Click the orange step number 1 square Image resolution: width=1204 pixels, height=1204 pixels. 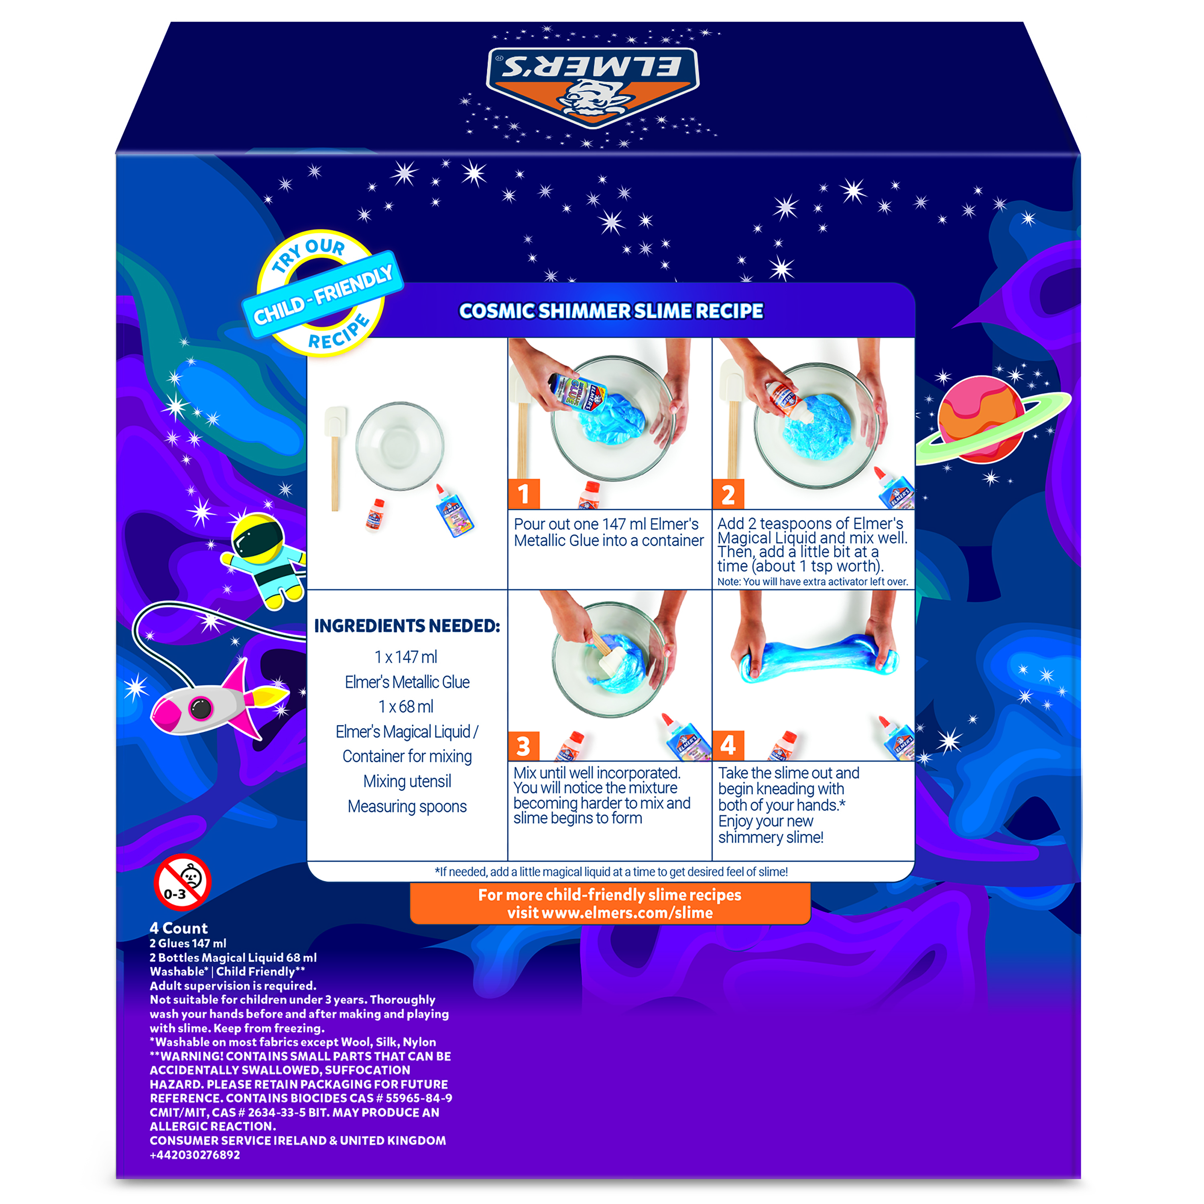tap(523, 494)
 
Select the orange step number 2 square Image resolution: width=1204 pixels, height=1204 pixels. tap(728, 494)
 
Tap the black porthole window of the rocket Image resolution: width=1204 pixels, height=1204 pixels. tap(201, 707)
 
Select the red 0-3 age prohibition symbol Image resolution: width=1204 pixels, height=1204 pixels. tap(182, 881)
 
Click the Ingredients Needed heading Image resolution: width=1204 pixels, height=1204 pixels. tap(407, 626)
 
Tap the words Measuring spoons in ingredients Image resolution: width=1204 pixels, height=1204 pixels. tap(407, 806)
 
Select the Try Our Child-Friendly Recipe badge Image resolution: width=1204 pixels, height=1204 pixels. tap(322, 293)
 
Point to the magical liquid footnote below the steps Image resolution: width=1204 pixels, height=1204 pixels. tap(611, 872)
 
